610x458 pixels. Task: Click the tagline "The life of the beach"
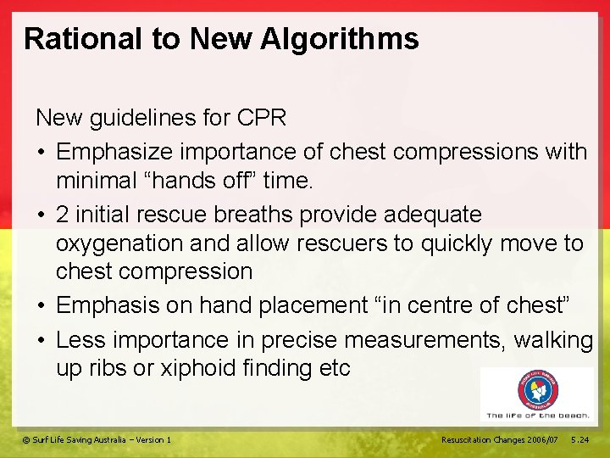coord(538,416)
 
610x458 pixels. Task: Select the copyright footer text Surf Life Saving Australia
coord(97,439)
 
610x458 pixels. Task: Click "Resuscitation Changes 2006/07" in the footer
coord(500,439)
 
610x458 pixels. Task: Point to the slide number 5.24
coord(580,439)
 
